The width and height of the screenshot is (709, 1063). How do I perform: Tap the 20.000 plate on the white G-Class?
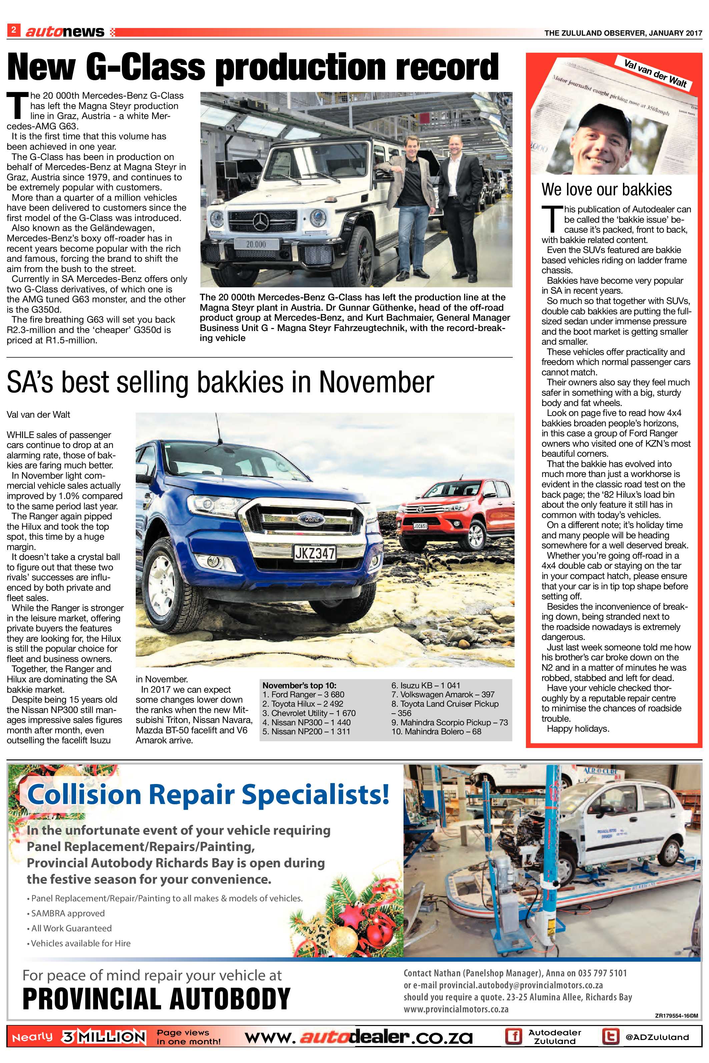255,244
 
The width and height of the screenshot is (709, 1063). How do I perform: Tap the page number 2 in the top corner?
14,31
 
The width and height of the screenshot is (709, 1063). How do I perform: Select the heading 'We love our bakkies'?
606,190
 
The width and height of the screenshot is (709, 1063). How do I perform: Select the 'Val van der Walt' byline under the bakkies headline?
38,414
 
